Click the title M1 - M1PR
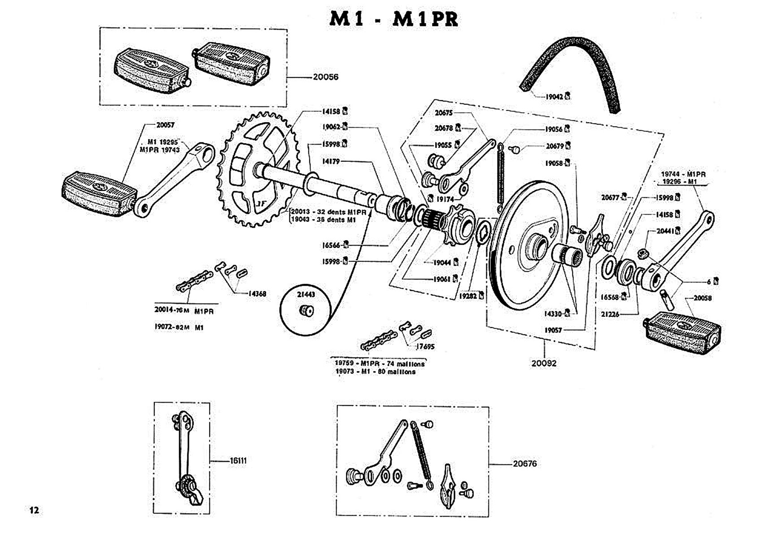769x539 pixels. (393, 19)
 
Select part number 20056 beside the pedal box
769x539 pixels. (325, 77)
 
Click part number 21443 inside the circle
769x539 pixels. (306, 295)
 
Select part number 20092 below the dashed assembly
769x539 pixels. (544, 363)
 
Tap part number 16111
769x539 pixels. (238, 460)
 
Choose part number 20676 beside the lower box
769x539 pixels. (524, 464)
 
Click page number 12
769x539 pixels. (34, 510)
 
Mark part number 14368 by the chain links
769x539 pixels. (257, 294)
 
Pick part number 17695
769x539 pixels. (425, 347)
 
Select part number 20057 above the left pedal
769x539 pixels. (165, 125)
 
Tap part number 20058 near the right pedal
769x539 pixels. (702, 298)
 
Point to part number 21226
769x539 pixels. (610, 314)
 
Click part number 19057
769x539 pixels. (553, 330)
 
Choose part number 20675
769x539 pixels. (444, 113)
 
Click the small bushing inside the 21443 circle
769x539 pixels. (307, 310)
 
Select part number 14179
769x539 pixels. (331, 161)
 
